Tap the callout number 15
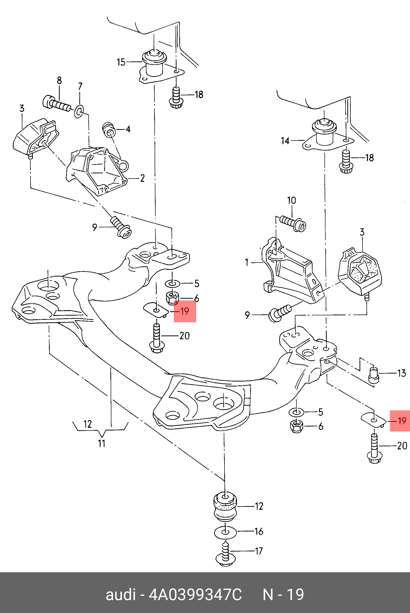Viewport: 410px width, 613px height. (x=121, y=62)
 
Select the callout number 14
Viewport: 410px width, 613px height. (x=285, y=141)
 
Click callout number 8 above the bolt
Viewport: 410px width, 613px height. (x=59, y=80)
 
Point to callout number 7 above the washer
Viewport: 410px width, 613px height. (x=80, y=86)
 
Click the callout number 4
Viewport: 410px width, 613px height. (x=128, y=129)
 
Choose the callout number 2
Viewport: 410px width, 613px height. (x=142, y=178)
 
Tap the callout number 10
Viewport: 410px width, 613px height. (x=292, y=201)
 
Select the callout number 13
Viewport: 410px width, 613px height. (x=402, y=373)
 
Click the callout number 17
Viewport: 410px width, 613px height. (x=259, y=551)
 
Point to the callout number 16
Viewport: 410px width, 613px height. (x=259, y=531)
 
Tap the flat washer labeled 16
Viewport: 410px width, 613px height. (x=225, y=532)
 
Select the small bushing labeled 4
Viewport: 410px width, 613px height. (x=109, y=130)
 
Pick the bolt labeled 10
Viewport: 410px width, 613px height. (x=293, y=223)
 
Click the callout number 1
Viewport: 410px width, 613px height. (x=247, y=262)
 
